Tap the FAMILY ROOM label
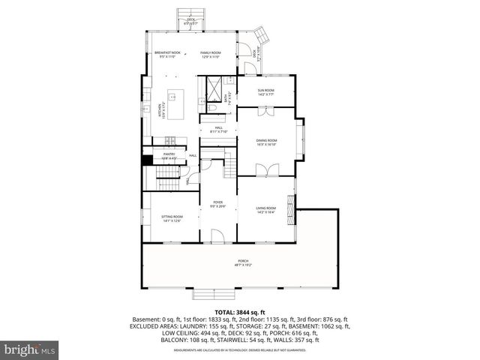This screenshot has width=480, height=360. [210, 55]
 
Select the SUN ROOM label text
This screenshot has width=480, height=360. [266, 92]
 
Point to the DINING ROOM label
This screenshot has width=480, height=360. [267, 142]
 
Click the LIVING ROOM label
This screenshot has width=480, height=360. [266, 210]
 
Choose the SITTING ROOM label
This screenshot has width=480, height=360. [172, 218]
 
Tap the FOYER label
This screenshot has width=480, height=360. [218, 204]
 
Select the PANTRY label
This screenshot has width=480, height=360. [169, 156]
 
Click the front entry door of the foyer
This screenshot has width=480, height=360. [218, 238]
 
